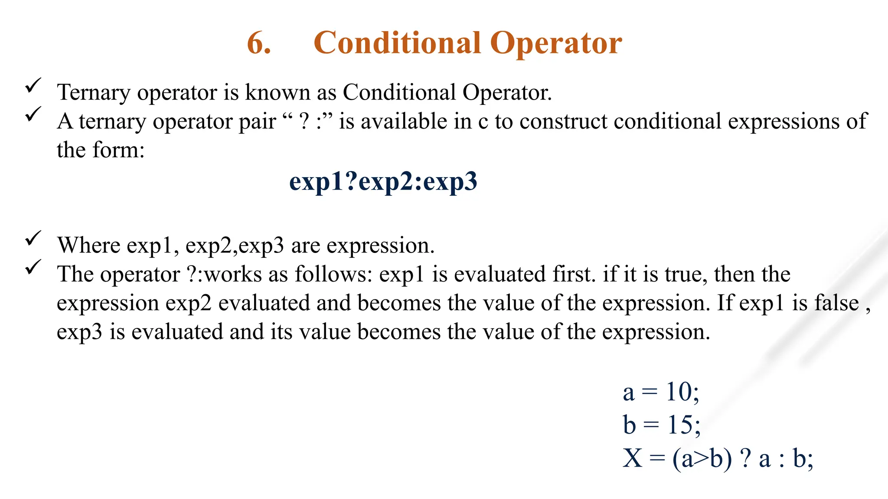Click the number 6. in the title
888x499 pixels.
pyautogui.click(x=259, y=43)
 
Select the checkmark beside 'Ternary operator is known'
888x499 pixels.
pyautogui.click(x=33, y=85)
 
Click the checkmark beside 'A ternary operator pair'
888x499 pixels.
pyautogui.click(x=33, y=114)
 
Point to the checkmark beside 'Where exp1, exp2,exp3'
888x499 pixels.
pyautogui.click(x=33, y=238)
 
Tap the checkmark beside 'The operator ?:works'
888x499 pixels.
pyautogui.click(x=33, y=267)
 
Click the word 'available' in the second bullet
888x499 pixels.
pyautogui.click(x=404, y=121)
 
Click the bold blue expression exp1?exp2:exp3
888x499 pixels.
pyautogui.click(x=383, y=182)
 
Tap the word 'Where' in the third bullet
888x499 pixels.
pyautogui.click(x=89, y=246)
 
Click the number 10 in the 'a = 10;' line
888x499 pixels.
pyautogui.click(x=679, y=392)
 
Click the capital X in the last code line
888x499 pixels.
pyautogui.click(x=633, y=458)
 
